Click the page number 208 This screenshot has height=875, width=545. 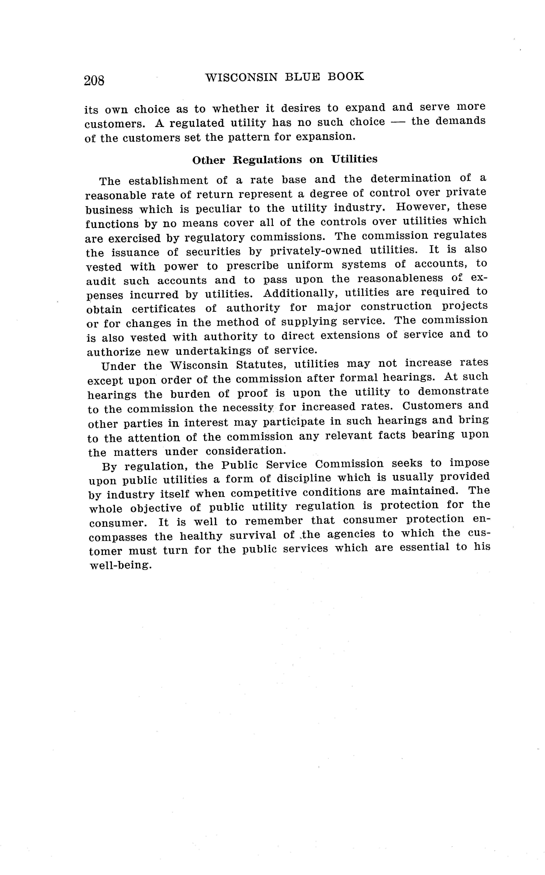[94, 80]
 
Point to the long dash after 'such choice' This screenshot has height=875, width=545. [398, 122]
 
